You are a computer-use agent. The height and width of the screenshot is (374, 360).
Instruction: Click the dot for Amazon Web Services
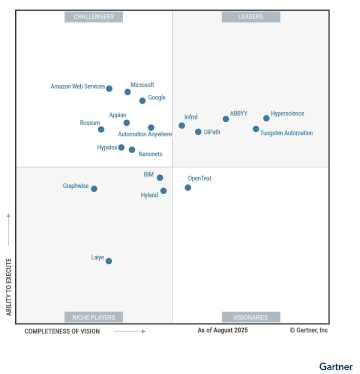coord(109,89)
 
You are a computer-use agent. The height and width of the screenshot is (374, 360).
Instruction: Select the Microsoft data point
coord(128,92)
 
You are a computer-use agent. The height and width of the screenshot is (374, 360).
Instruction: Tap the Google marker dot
coord(142,100)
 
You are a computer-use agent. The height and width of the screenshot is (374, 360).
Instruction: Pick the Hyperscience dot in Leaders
coord(266,118)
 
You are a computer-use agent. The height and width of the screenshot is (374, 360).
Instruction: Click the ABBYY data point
coord(226,119)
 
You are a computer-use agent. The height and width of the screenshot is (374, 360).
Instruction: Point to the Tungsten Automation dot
coord(256,129)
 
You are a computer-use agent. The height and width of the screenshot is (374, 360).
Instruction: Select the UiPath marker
coord(198,132)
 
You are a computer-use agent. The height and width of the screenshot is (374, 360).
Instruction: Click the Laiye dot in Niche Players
coord(109,261)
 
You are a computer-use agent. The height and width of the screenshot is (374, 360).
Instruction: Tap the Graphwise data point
coord(94,188)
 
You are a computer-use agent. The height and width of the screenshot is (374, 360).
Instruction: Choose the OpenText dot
coord(188,187)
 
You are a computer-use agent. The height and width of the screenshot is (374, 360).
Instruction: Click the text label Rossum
coord(90,123)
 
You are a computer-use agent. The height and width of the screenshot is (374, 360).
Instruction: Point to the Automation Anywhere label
coord(145,135)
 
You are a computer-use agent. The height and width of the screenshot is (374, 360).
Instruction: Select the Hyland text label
coord(149,195)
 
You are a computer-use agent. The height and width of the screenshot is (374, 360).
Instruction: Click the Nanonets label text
coord(150,154)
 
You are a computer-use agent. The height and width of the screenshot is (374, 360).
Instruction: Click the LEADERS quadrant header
coord(250,17)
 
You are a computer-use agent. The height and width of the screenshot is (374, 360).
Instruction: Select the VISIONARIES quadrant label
coord(250,317)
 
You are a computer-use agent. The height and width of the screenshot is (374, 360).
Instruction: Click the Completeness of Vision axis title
coord(62,331)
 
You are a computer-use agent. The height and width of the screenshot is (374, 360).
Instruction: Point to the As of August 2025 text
coord(222,330)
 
